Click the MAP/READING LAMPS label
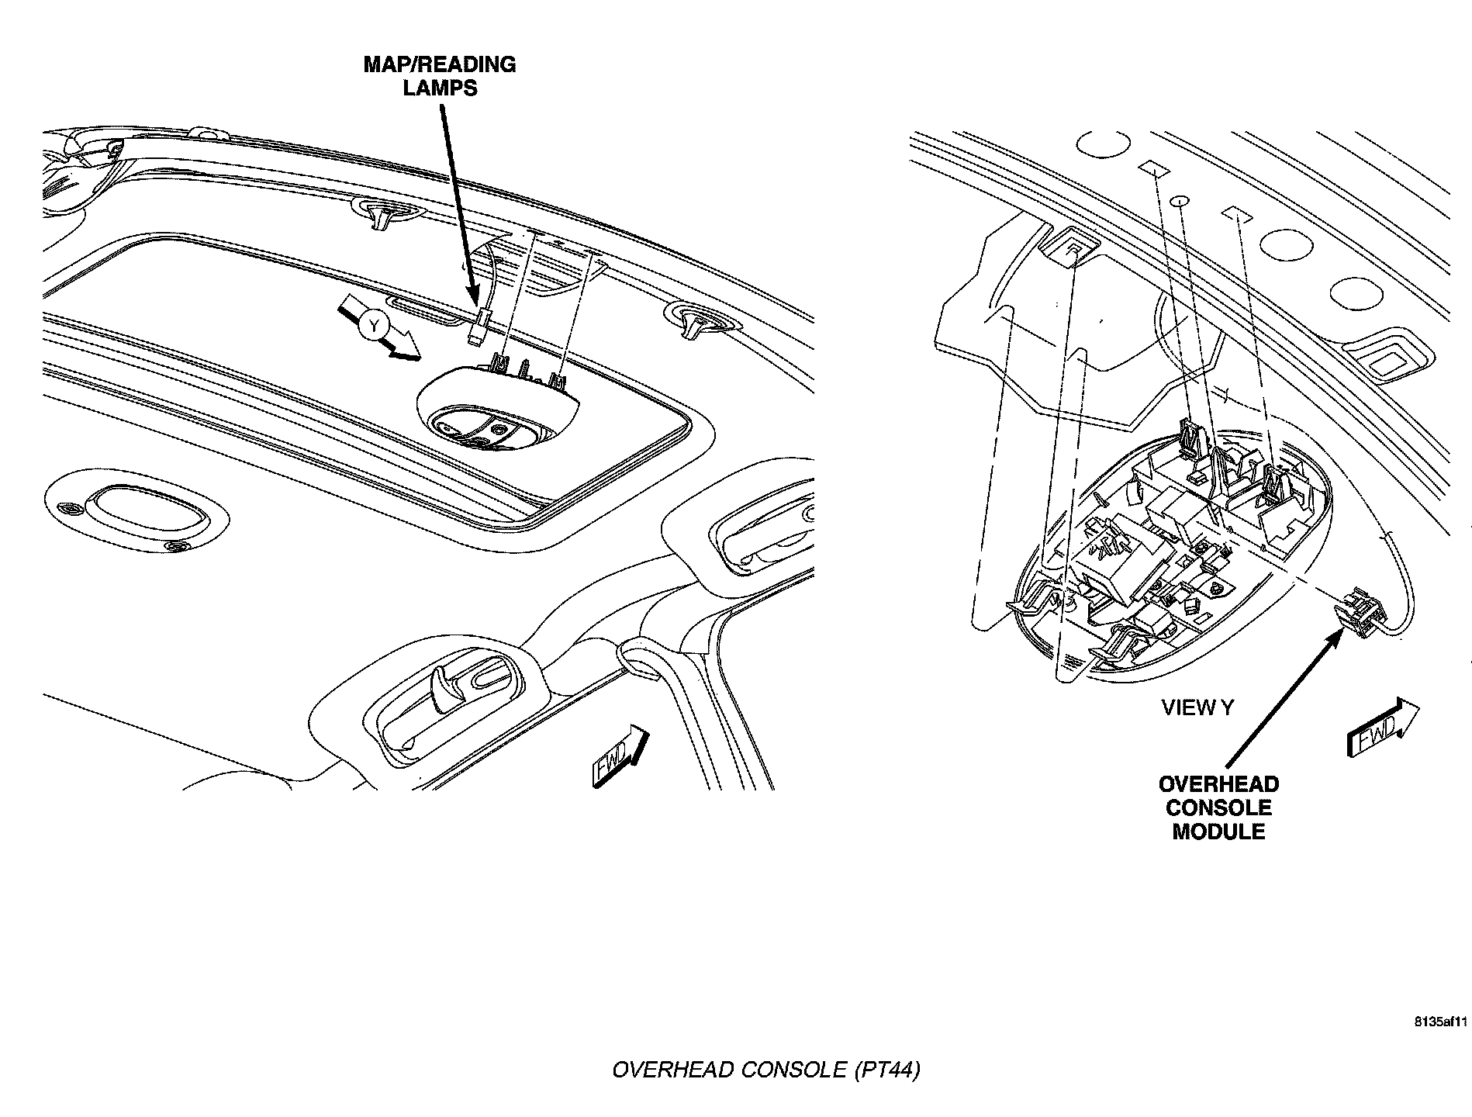440,75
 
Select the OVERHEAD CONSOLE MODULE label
1218,807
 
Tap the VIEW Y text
1197,707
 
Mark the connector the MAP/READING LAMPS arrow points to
479,325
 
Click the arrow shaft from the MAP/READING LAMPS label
458,202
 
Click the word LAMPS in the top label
440,88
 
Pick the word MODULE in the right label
1218,832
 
